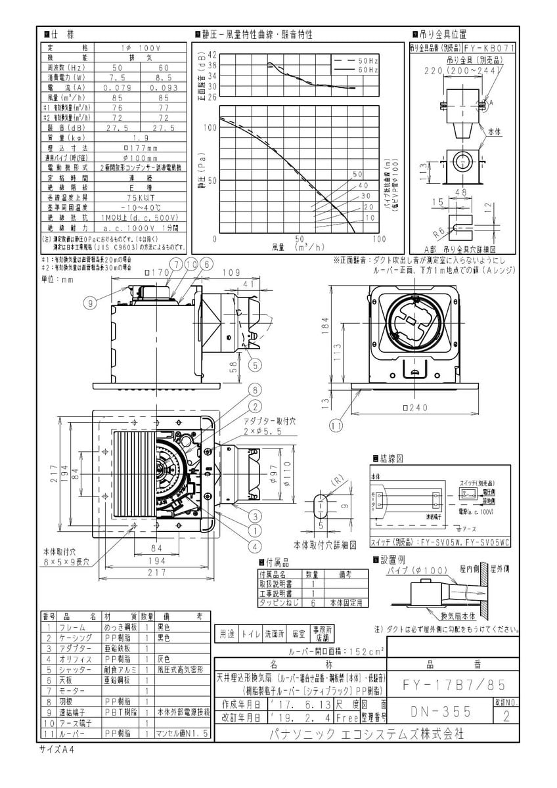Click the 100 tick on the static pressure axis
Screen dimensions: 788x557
pyautogui.click(x=211, y=128)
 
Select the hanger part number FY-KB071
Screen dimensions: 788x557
pyautogui.click(x=489, y=48)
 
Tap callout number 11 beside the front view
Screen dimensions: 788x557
pyautogui.click(x=337, y=426)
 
